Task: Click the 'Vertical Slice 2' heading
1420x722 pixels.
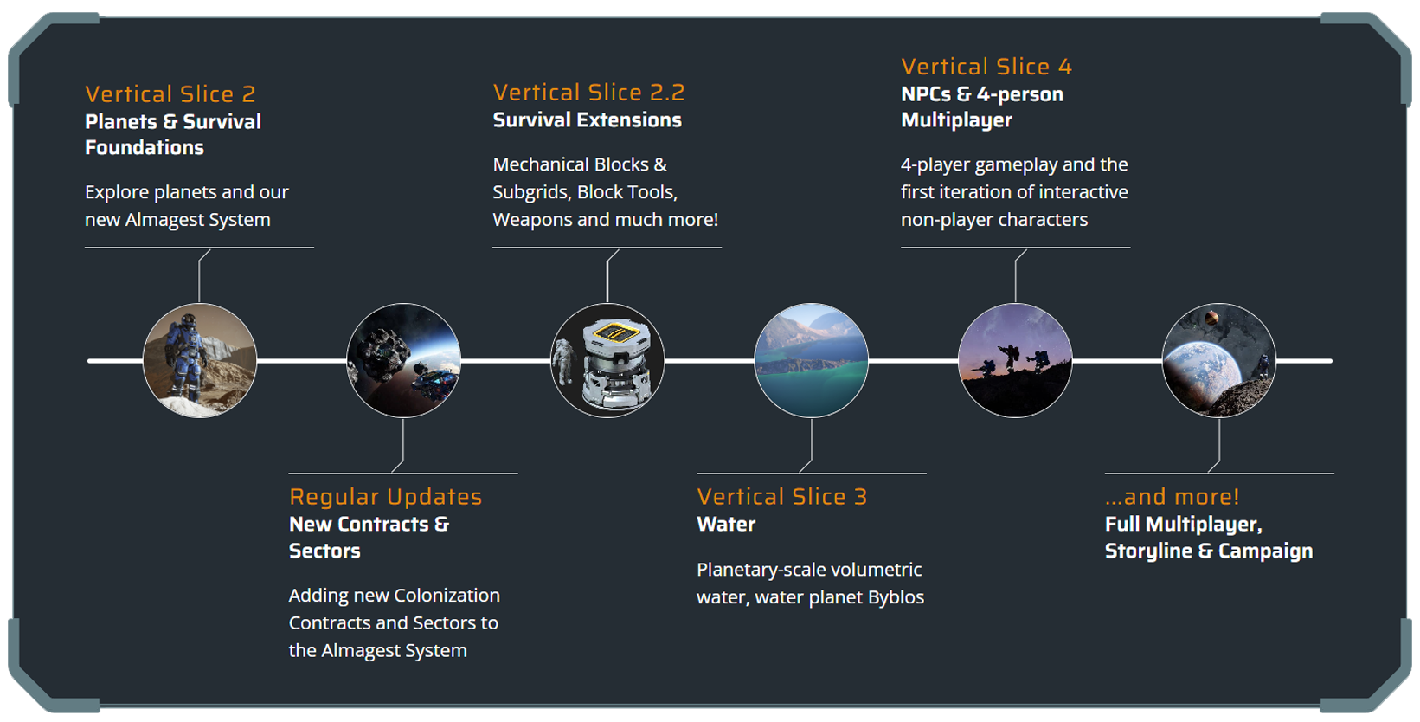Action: pyautogui.click(x=170, y=94)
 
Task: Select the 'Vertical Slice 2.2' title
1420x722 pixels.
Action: pyautogui.click(x=588, y=93)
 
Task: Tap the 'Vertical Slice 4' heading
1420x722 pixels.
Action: pyautogui.click(x=986, y=67)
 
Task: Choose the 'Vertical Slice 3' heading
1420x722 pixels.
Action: pyautogui.click(x=781, y=497)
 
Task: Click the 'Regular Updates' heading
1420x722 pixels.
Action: pyautogui.click(x=385, y=497)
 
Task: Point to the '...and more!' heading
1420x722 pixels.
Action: pyautogui.click(x=1172, y=497)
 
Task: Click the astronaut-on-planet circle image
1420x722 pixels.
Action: pyautogui.click(x=200, y=360)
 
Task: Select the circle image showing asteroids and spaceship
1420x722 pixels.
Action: pyautogui.click(x=403, y=360)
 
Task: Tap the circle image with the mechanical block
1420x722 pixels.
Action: pyautogui.click(x=607, y=360)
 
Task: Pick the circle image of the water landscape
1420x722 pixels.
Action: pyautogui.click(x=812, y=360)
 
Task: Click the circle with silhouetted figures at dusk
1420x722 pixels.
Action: pyautogui.click(x=1015, y=360)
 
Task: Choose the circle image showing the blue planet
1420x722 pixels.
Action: pyautogui.click(x=1218, y=360)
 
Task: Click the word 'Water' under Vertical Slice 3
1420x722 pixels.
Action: pyautogui.click(x=726, y=525)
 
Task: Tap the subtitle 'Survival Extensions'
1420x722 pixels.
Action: pyautogui.click(x=587, y=120)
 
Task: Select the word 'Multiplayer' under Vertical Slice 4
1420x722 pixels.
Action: pyautogui.click(x=956, y=120)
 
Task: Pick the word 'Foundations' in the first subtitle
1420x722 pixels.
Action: pyautogui.click(x=145, y=148)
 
